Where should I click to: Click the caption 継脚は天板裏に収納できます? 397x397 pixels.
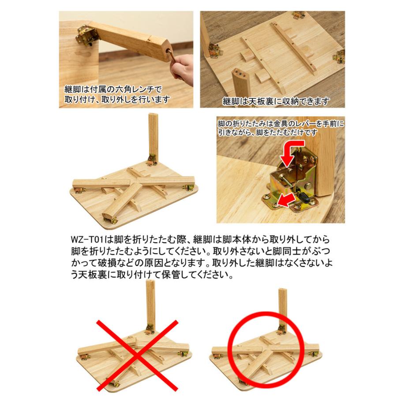[x=275, y=101]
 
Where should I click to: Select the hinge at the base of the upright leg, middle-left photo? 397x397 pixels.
[x=153, y=160]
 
